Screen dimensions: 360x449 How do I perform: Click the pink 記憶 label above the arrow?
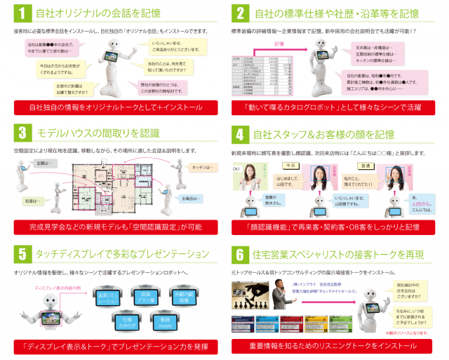tap(279, 44)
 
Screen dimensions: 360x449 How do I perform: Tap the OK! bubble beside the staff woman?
tap(239, 168)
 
